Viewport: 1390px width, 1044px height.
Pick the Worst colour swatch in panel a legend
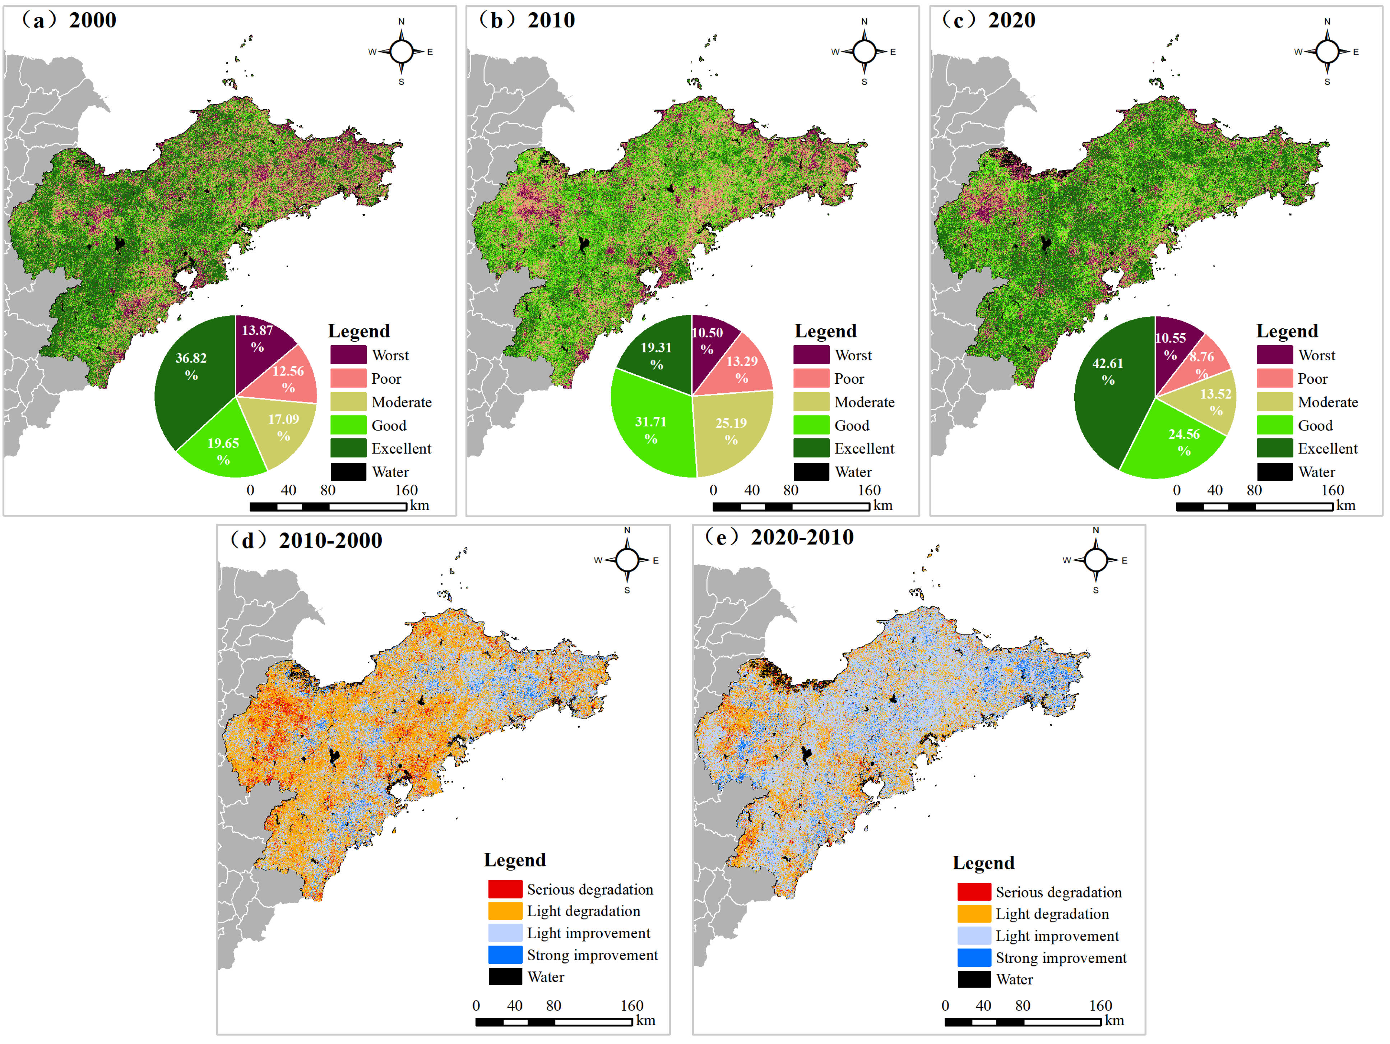pos(348,355)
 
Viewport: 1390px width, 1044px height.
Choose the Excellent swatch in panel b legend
pos(811,448)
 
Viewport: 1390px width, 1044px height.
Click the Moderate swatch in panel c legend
pos(1274,402)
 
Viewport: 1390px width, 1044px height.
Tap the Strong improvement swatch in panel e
pos(974,957)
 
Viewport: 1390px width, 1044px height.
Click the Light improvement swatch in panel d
pos(505,933)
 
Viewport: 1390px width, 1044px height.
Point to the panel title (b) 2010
pos(527,20)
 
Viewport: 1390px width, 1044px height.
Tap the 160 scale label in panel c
pos(1332,490)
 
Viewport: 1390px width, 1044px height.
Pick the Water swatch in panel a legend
pos(348,471)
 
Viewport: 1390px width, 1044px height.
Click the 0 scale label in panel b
pos(713,490)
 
